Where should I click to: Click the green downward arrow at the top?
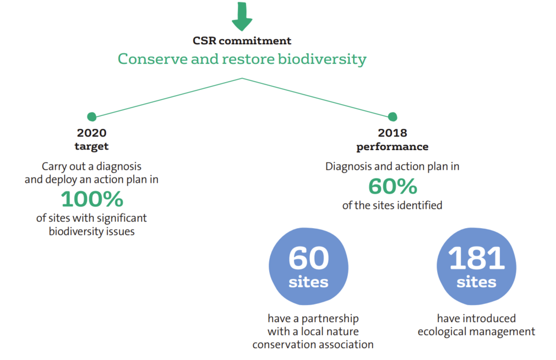pos(242,16)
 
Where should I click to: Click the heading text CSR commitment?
pos(242,41)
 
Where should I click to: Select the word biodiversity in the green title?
pos(322,59)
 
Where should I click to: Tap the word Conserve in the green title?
pos(153,59)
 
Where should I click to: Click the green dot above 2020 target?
pos(92,116)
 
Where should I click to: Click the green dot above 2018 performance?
pos(393,116)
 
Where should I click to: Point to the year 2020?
pos(92,133)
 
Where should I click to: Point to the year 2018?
pos(392,133)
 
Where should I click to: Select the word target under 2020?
pos(92,147)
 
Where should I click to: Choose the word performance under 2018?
pos(392,147)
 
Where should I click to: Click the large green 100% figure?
pos(92,199)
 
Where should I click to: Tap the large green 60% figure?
pos(393,186)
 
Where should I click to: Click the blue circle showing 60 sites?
pos(309,267)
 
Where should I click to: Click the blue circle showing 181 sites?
pos(476,267)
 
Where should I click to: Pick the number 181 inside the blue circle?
pos(476,258)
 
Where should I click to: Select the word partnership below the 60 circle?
pos(330,319)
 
